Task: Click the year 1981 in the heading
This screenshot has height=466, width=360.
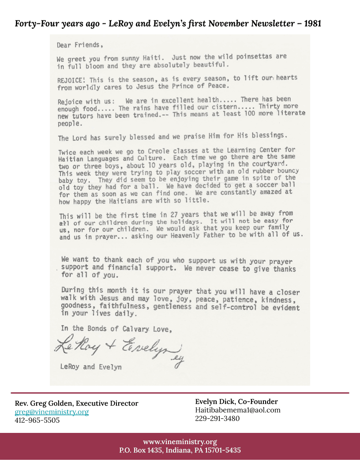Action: [x=312, y=23]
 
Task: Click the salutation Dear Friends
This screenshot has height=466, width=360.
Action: [x=80, y=45]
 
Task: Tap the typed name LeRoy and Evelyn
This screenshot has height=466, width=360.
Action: [x=91, y=367]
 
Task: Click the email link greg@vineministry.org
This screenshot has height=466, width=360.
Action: [x=52, y=412]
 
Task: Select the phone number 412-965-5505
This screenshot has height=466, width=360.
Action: [x=37, y=420]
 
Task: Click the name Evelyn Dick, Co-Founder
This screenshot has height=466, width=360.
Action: [x=236, y=402]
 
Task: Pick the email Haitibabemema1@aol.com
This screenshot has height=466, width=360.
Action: [x=238, y=410]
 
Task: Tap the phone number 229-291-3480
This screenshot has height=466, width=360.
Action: [x=217, y=418]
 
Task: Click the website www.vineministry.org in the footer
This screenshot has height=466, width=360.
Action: [x=180, y=442]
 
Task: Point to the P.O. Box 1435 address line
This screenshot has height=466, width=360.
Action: [x=180, y=451]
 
